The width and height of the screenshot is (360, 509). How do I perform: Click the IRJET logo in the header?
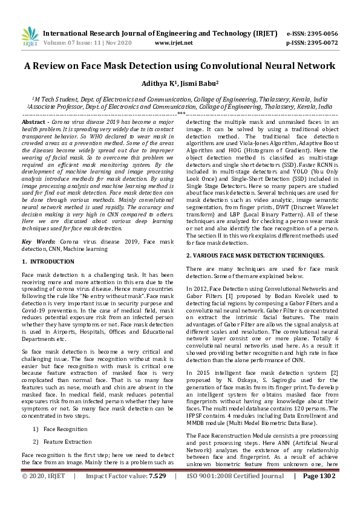[30, 37]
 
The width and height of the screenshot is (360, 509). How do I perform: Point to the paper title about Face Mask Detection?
[180, 66]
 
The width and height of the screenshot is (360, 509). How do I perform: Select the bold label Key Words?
[39, 241]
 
